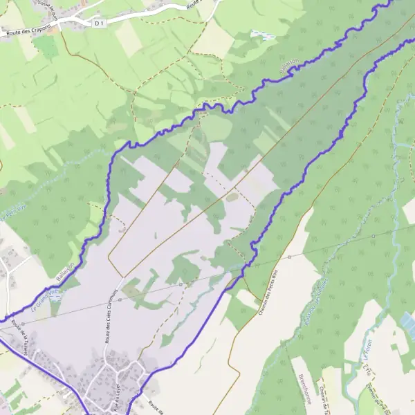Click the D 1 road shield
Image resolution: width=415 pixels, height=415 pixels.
(99, 23)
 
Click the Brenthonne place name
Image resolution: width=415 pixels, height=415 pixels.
(304, 388)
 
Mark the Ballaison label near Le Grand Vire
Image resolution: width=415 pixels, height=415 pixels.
(66, 273)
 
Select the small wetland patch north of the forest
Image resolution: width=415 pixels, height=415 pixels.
(262, 34)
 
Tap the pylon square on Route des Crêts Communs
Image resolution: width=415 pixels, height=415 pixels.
(120, 299)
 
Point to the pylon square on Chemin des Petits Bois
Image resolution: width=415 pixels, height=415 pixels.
(289, 257)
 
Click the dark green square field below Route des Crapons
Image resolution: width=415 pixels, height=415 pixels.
(46, 46)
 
